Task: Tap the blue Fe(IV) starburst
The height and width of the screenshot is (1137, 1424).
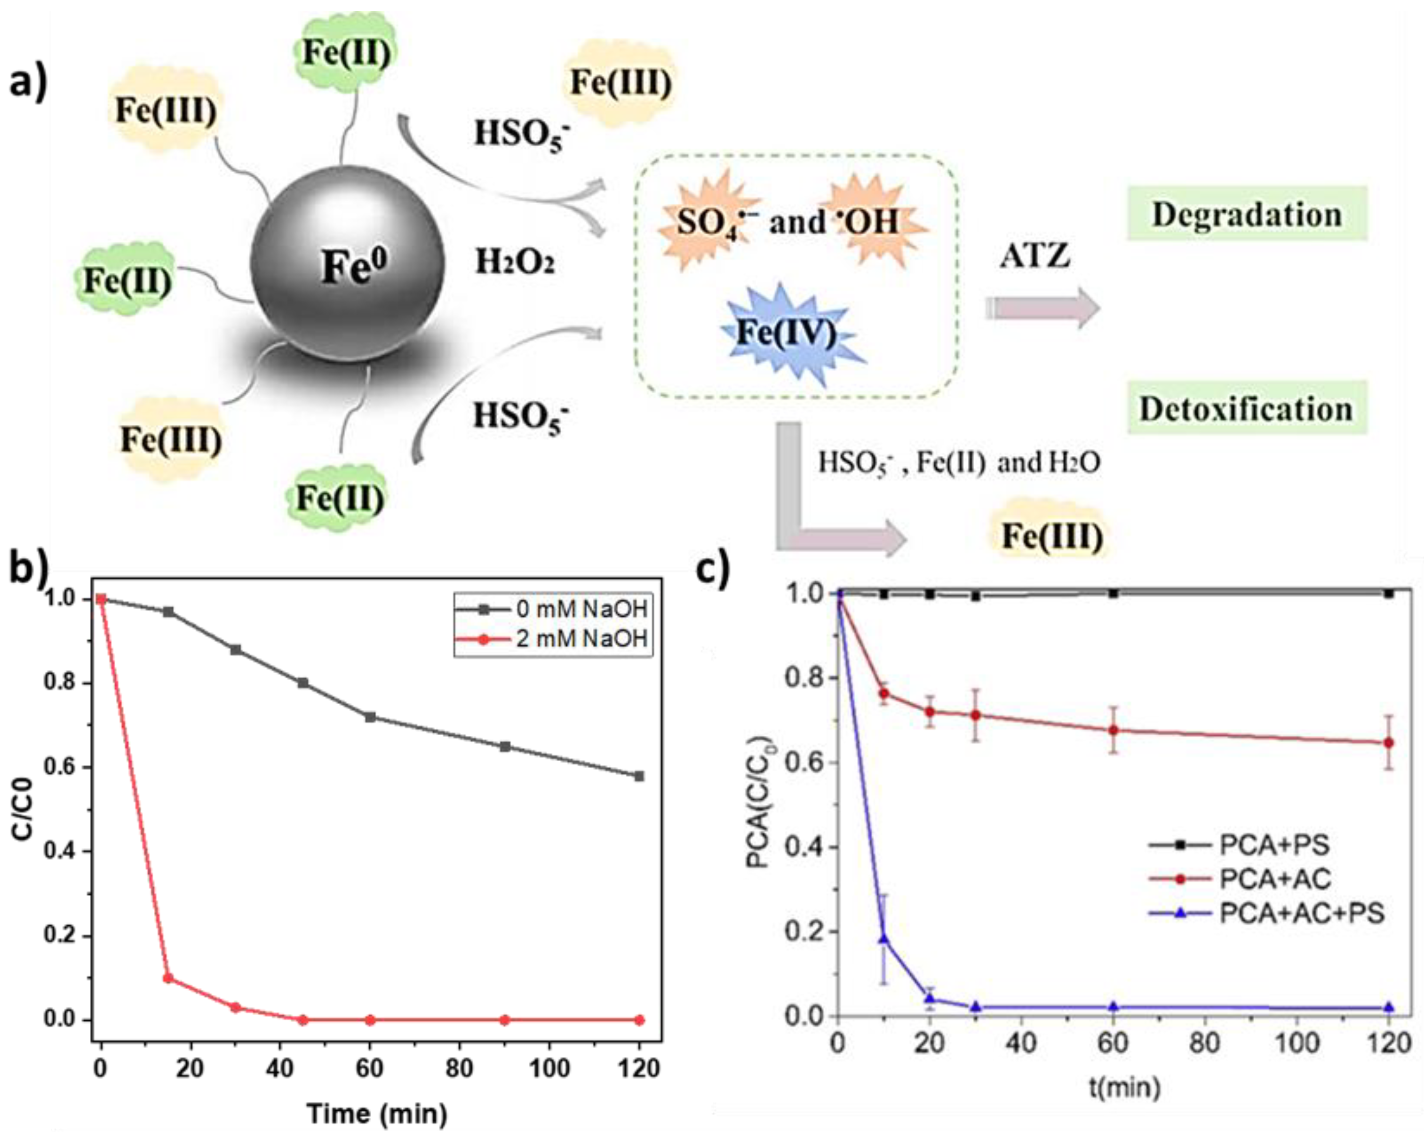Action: point(786,332)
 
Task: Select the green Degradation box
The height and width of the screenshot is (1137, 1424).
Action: point(1246,214)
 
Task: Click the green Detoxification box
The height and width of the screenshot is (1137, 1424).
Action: point(1246,409)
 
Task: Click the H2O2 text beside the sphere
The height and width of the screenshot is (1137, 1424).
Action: point(515,263)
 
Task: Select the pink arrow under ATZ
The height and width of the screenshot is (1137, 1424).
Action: point(1043,308)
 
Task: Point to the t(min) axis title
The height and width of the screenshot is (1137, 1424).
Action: point(1124,1086)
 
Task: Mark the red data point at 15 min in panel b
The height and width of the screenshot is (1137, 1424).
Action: point(168,978)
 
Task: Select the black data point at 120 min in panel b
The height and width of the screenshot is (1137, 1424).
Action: point(639,776)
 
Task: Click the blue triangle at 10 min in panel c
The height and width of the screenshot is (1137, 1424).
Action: point(884,938)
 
